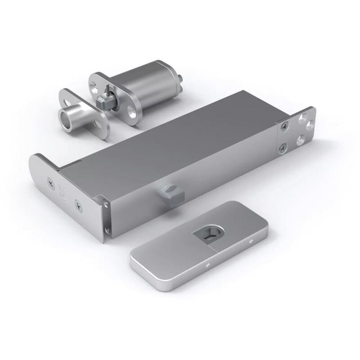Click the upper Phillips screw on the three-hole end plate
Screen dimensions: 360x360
283,127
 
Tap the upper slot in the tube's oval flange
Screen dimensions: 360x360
67,96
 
